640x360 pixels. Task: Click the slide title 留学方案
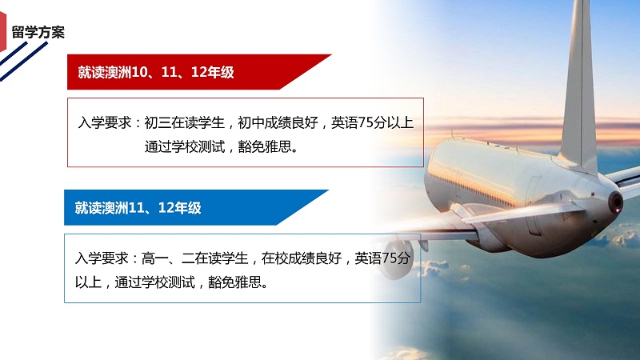click(38, 32)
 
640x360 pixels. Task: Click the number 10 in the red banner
click(139, 72)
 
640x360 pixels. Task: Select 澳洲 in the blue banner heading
click(115, 208)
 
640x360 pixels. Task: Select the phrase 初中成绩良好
click(278, 122)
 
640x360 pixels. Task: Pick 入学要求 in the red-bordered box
click(105, 122)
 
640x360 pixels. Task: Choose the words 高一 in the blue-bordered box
click(154, 258)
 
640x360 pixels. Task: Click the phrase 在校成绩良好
click(302, 258)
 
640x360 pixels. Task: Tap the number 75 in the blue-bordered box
click(389, 258)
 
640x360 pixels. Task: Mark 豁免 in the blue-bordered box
click(222, 282)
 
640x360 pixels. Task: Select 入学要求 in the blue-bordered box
click(102, 258)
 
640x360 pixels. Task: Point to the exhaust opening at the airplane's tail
click(615, 202)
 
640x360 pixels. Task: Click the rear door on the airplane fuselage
click(534, 203)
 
